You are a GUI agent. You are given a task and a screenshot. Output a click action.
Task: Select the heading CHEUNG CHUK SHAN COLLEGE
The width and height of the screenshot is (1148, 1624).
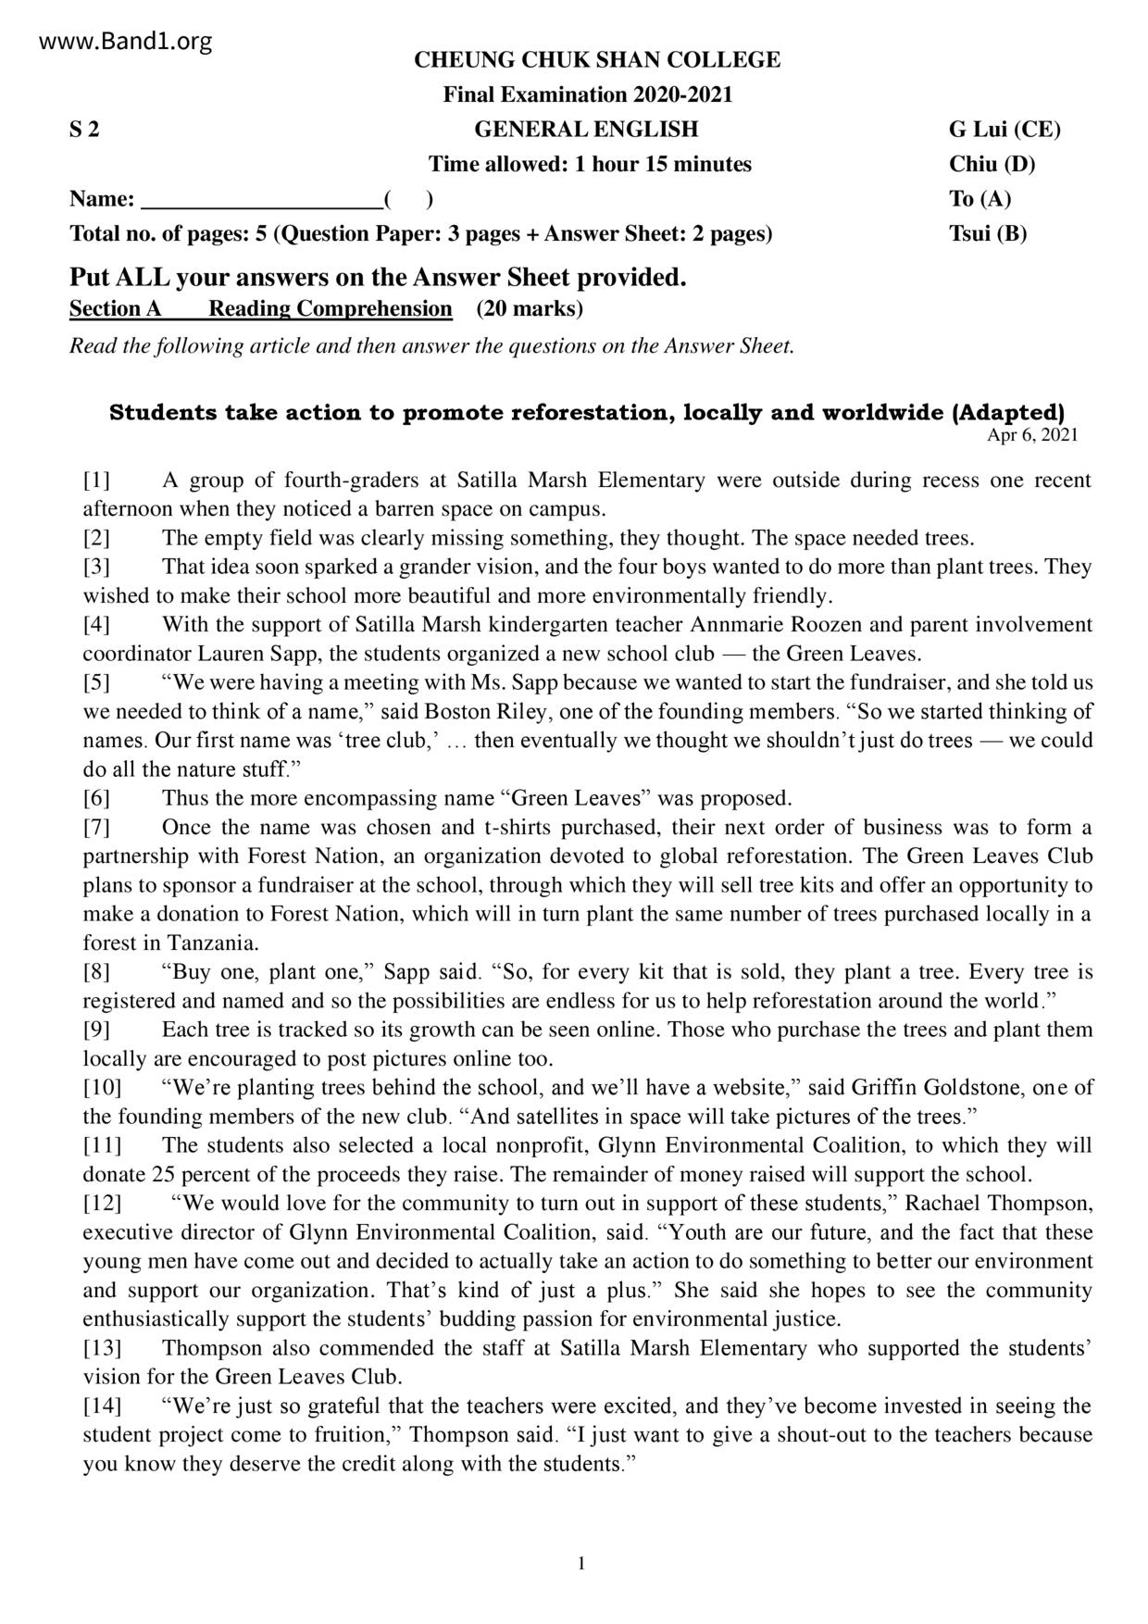pyautogui.click(x=596, y=60)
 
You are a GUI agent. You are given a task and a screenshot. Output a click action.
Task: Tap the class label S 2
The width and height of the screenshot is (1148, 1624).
pyautogui.click(x=84, y=130)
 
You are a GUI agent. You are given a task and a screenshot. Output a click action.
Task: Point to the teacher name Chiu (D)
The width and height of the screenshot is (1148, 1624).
pyautogui.click(x=992, y=165)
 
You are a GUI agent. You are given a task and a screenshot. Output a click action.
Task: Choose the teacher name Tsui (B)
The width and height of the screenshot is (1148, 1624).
pyautogui.click(x=988, y=233)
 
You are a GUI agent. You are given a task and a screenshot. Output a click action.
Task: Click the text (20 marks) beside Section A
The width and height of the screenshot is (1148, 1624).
pyautogui.click(x=530, y=308)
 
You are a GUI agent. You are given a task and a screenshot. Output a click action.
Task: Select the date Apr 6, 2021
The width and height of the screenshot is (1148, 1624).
pyautogui.click(x=1032, y=435)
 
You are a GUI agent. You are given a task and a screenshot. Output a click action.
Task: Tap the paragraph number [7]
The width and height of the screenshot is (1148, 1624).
pyautogui.click(x=96, y=827)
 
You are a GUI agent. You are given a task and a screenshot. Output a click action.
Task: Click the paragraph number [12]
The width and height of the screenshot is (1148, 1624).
pyautogui.click(x=102, y=1204)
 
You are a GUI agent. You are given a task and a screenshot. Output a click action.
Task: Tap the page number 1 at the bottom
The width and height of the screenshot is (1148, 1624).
pyautogui.click(x=581, y=1564)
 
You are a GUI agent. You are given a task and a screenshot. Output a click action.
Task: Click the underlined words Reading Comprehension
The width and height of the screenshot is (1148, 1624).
pyautogui.click(x=331, y=308)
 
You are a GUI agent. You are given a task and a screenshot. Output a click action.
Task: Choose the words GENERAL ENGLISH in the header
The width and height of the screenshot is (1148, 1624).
pyautogui.click(x=586, y=130)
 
